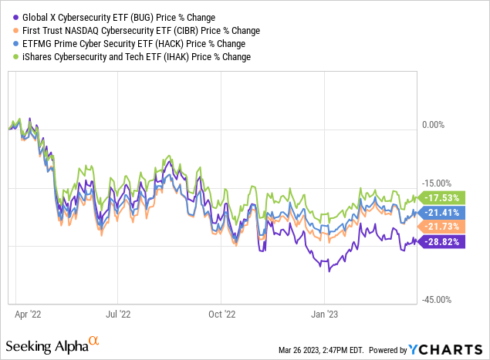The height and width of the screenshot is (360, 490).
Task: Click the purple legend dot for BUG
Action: pyautogui.click(x=9, y=16)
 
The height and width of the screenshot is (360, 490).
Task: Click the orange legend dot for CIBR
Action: pyautogui.click(x=9, y=30)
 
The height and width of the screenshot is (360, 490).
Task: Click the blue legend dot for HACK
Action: pyautogui.click(x=9, y=44)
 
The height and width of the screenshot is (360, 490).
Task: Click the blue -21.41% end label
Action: pyautogui.click(x=441, y=212)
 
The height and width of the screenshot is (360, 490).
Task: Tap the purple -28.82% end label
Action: pyautogui.click(x=441, y=241)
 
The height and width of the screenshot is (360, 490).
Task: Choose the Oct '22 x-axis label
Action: pyautogui.click(x=221, y=315)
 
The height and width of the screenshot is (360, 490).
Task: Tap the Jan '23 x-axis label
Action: pyautogui.click(x=325, y=315)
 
